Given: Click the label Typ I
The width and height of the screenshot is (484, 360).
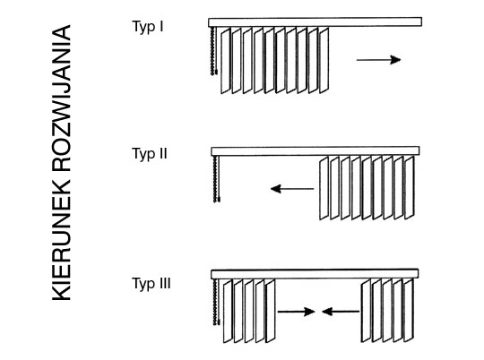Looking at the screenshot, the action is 148,27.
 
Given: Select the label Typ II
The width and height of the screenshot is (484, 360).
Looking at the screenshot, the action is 150,154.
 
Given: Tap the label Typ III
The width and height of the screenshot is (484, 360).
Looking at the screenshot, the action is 151,284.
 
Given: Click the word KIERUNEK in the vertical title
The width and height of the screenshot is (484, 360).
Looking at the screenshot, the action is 62,240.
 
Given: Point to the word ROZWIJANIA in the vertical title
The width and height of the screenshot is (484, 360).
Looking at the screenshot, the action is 62,98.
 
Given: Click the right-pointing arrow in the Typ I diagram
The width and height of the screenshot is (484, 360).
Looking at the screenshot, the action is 379,59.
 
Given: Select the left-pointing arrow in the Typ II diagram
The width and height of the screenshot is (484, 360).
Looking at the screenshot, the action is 292,188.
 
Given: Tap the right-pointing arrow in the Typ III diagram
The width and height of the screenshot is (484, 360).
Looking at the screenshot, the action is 296,312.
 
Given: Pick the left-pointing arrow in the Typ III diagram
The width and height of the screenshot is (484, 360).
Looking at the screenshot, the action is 341,312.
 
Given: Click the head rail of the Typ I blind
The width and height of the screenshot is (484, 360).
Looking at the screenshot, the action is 315,22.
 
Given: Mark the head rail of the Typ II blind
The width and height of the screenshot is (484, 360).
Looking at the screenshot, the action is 315,151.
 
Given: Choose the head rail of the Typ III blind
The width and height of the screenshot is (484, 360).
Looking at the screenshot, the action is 315,274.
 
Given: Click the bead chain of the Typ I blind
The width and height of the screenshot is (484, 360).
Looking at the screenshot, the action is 213,51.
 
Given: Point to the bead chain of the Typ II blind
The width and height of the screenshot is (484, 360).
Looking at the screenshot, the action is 216,179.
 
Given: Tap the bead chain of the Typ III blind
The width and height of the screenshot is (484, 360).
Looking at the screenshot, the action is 216,302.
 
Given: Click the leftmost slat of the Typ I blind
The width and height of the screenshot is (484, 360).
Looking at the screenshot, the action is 226,61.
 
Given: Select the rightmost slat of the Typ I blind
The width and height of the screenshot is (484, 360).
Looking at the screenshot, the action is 324,61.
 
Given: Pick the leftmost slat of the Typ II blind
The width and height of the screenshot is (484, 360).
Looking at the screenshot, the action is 324,188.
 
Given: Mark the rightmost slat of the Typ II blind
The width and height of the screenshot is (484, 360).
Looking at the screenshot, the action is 409,188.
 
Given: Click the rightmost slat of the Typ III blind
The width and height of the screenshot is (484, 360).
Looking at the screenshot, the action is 408,311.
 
